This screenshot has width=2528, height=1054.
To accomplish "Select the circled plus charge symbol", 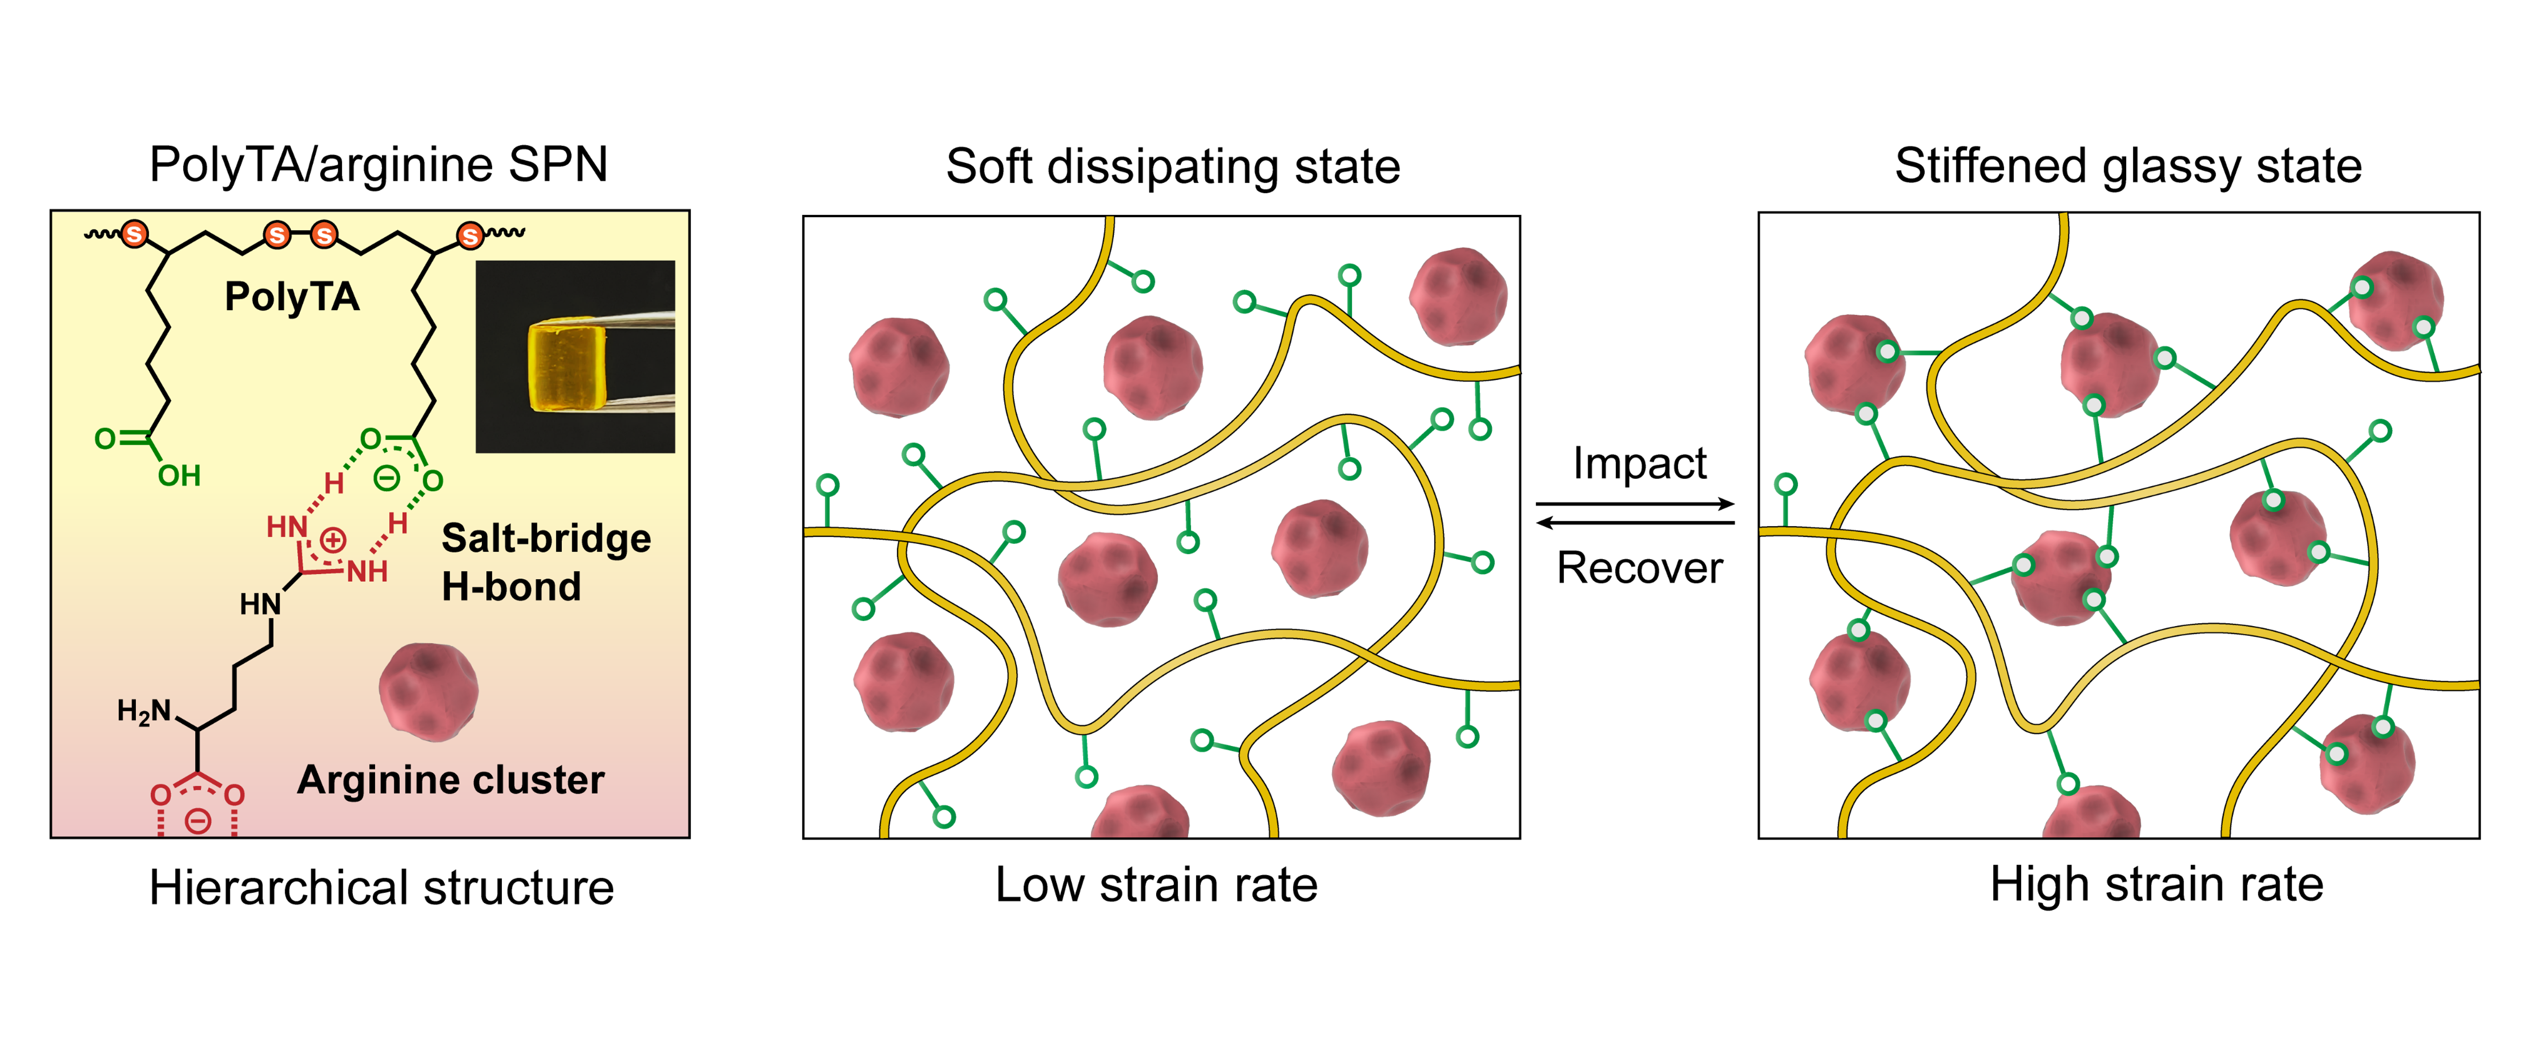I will (x=333, y=540).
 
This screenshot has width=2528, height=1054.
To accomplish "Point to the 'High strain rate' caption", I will (x=2156, y=885).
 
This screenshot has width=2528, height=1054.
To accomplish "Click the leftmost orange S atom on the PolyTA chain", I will (x=134, y=234).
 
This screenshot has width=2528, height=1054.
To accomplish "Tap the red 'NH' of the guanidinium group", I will (x=367, y=571).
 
